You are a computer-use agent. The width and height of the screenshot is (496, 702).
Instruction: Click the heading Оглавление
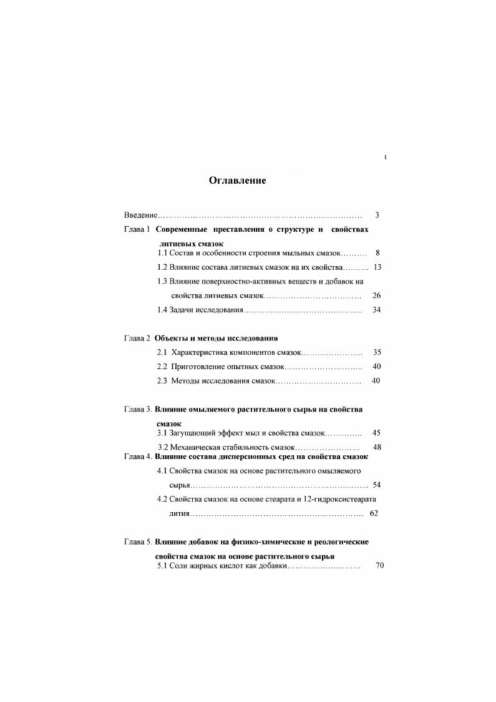pyautogui.click(x=237, y=181)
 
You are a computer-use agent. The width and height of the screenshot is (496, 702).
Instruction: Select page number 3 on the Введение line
pyautogui.click(x=377, y=215)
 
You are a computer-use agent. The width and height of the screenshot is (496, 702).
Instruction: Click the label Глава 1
pyautogui.click(x=137, y=229)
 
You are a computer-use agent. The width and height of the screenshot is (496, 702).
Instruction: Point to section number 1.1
pyautogui.click(x=163, y=253)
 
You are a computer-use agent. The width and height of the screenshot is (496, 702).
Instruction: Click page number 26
pyautogui.click(x=376, y=295)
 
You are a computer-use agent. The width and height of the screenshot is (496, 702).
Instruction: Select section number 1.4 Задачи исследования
pyautogui.click(x=163, y=310)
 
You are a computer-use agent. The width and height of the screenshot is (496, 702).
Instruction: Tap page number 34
pyautogui.click(x=376, y=310)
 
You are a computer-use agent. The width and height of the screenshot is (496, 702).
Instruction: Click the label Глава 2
pyautogui.click(x=137, y=338)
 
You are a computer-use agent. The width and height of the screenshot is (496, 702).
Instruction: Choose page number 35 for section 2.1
pyautogui.click(x=376, y=352)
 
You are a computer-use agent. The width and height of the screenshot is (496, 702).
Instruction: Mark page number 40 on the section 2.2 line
pyautogui.click(x=376, y=367)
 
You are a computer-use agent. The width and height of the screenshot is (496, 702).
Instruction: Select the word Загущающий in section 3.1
pyautogui.click(x=193, y=432)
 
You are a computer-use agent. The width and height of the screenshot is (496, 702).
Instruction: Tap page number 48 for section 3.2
pyautogui.click(x=377, y=447)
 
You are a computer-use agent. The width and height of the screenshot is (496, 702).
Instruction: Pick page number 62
pyautogui.click(x=374, y=513)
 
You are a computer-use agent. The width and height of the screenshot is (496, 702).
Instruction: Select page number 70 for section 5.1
pyautogui.click(x=380, y=565)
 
